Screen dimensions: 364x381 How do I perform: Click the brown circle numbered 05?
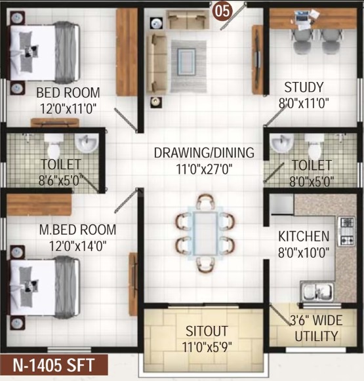222,11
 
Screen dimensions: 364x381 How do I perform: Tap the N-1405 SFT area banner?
54,365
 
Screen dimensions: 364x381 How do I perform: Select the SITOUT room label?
207,331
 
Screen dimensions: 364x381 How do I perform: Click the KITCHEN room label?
304,236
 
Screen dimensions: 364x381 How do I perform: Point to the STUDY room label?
304,87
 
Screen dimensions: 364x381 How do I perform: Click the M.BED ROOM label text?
78,230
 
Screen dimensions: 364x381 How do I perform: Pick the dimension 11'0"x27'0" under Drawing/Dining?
204,169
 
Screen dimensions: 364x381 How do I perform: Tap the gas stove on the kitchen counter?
346,231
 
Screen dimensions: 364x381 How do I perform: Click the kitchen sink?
317,292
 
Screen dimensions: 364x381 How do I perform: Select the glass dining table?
205,233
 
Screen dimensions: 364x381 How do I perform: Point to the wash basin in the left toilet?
87,143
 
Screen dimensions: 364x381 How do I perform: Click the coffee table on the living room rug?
186,62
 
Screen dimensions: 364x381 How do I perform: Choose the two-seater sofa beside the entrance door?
188,20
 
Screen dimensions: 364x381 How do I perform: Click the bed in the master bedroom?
45,288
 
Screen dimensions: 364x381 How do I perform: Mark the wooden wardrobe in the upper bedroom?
127,52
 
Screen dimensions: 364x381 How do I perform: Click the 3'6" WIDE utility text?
316,320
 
